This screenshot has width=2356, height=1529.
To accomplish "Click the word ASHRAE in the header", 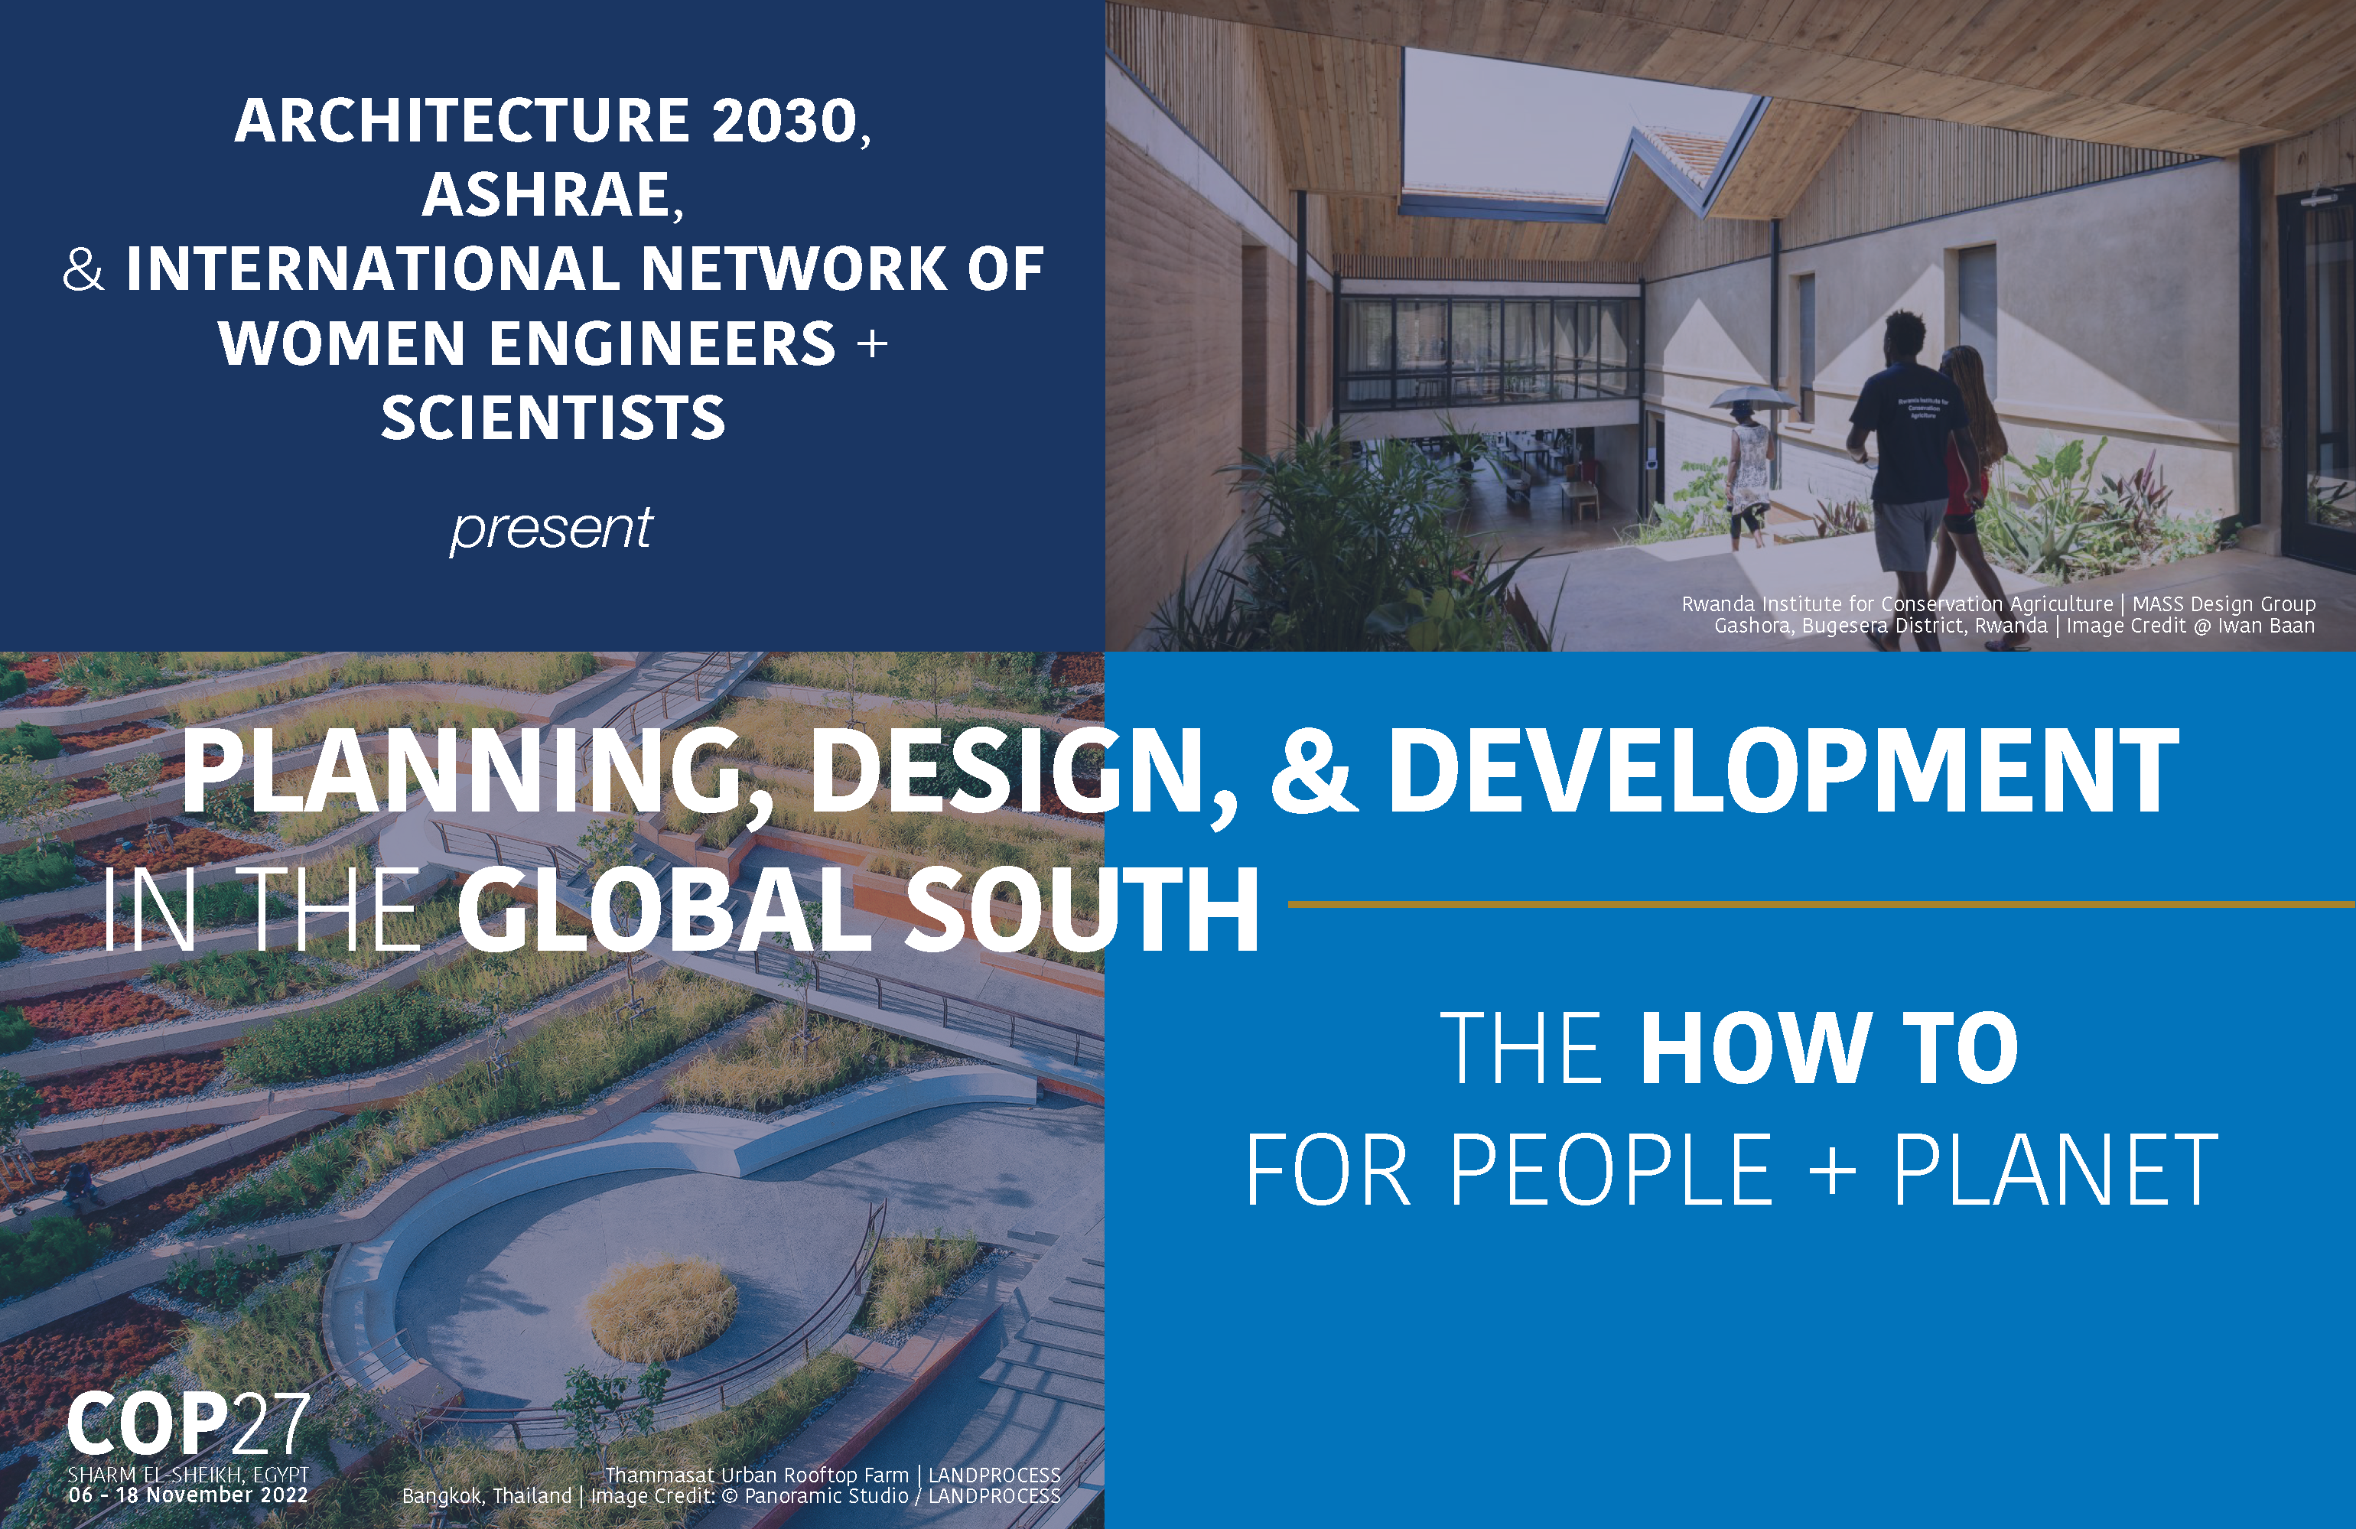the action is pos(548,194).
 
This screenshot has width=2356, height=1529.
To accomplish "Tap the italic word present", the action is pos(552,529).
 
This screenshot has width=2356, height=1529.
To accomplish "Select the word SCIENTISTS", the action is pos(553,418).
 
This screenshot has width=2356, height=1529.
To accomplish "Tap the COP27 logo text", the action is pos(188,1423).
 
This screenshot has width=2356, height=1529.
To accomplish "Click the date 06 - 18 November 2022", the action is pos(188,1495).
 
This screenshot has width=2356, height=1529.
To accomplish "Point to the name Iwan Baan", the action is pos(2266,626).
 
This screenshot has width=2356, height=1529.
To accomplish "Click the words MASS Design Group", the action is pos(2224,603).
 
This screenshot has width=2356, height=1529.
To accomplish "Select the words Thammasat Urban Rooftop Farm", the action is pos(757,1475).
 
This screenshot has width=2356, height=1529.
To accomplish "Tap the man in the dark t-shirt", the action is pos(1905,465).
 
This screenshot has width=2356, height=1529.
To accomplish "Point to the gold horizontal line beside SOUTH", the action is pos(1821,903).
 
